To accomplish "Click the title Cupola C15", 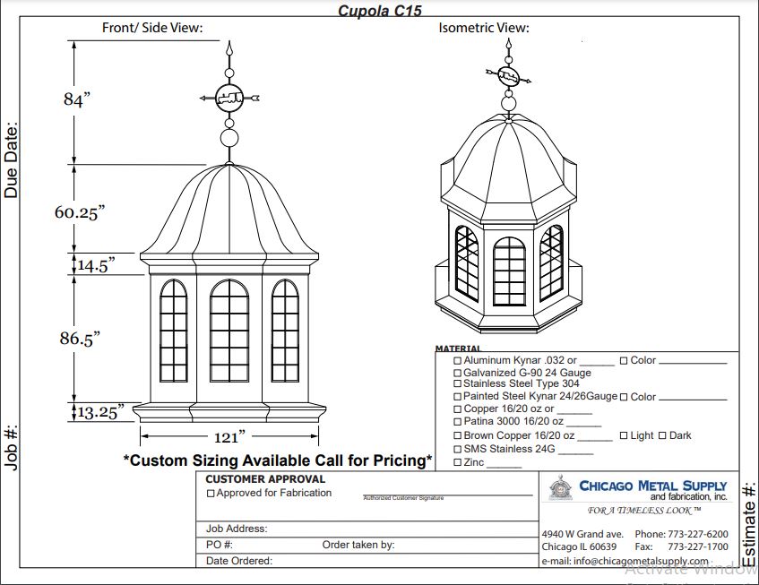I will pyautogui.click(x=379, y=11).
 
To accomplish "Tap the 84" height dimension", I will pyautogui.click(x=77, y=99).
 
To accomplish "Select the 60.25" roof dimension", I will pyautogui.click(x=80, y=212).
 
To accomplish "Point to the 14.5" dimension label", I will pyautogui.click(x=96, y=265).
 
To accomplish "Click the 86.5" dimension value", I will pyautogui.click(x=80, y=338).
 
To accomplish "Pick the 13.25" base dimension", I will pyautogui.click(x=99, y=412).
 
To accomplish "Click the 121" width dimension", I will pyautogui.click(x=229, y=437).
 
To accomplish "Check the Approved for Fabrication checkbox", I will pyautogui.click(x=211, y=494).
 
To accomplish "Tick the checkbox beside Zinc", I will pyautogui.click(x=458, y=462).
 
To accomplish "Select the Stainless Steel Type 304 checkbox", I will pyautogui.click(x=458, y=383).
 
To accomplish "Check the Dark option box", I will pyautogui.click(x=662, y=436).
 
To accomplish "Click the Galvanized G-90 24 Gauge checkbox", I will pyautogui.click(x=458, y=373).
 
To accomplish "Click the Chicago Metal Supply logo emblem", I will pyautogui.click(x=561, y=490).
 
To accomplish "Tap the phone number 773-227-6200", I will pyautogui.click(x=698, y=534).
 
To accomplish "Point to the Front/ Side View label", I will pyautogui.click(x=152, y=28).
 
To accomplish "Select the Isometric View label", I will pyautogui.click(x=484, y=28).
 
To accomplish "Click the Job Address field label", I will pyautogui.click(x=237, y=529).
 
